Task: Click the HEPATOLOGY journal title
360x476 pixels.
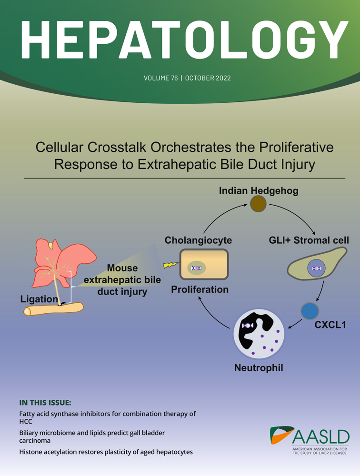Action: [184, 40]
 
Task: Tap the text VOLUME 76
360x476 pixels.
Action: [160, 78]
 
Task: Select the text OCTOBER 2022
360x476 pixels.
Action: [208, 78]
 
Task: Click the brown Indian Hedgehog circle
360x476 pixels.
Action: [258, 204]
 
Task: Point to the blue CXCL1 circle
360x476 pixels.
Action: [310, 311]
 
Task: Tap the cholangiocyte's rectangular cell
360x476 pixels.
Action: [204, 264]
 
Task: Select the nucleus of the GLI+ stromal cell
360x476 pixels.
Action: [316, 268]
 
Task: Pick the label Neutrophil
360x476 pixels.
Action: [259, 368]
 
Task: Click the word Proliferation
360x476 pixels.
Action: [200, 289]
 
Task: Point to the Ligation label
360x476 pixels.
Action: [39, 299]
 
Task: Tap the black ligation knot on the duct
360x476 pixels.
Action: [63, 303]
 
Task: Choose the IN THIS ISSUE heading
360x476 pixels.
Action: [45, 403]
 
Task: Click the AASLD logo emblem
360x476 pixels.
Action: [281, 436]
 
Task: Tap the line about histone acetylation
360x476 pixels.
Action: [106, 452]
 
